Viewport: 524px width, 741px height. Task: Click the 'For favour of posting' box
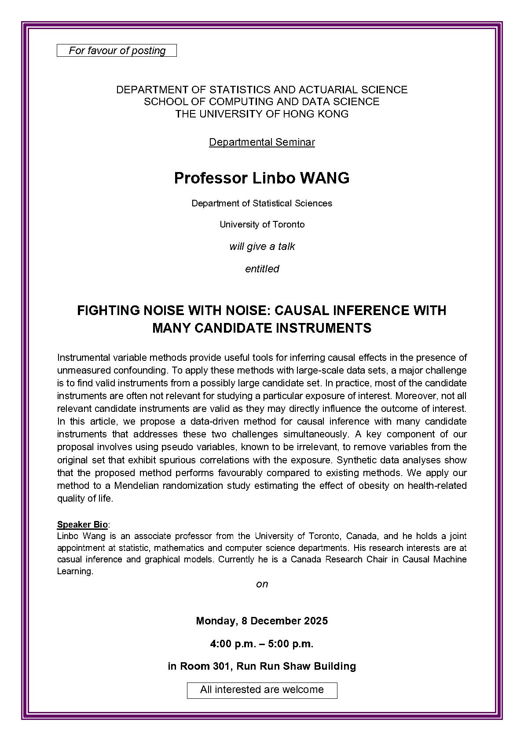(x=117, y=51)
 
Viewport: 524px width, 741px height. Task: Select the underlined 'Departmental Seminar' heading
(x=262, y=142)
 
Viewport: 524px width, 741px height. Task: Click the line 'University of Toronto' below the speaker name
(x=262, y=224)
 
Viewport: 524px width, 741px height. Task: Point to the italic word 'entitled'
(x=262, y=269)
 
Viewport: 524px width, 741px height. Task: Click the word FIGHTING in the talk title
(x=109, y=311)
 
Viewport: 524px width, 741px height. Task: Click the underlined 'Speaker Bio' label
(x=82, y=525)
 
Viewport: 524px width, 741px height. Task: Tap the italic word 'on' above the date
(x=262, y=584)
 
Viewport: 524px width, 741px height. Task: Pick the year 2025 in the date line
(x=315, y=621)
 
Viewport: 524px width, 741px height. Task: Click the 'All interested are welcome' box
(x=262, y=690)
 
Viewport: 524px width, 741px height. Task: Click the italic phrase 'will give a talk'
(x=262, y=246)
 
